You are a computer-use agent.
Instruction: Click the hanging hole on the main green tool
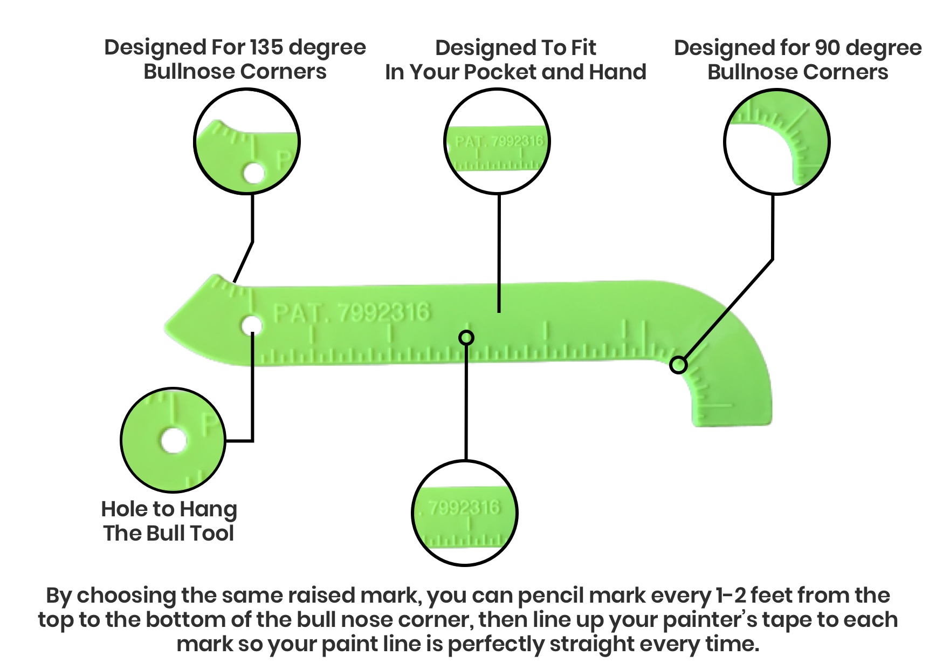(x=251, y=326)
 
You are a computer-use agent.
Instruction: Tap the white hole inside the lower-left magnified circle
(x=173, y=441)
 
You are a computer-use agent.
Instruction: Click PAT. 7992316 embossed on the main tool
(x=352, y=312)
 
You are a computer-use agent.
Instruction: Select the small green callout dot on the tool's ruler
(x=466, y=338)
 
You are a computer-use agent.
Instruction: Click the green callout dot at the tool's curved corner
(x=678, y=365)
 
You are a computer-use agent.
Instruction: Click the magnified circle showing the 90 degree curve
(x=776, y=142)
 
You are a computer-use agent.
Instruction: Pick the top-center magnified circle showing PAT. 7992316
(x=497, y=142)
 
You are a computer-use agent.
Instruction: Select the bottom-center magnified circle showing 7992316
(x=465, y=513)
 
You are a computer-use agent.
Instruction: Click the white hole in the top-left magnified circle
(x=253, y=174)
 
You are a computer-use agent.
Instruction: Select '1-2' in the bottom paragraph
(x=731, y=596)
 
